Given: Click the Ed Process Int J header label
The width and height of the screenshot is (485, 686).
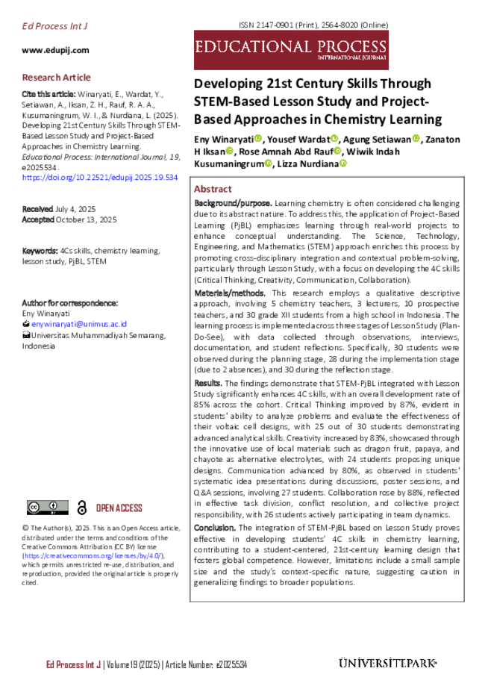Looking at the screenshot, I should pyautogui.click(x=55, y=27).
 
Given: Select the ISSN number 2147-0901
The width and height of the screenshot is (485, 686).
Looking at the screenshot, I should pyautogui.click(x=275, y=25).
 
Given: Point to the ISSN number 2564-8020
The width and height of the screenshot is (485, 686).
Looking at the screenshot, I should pyautogui.click(x=339, y=25).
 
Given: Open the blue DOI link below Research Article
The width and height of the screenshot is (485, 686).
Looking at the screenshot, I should pyautogui.click(x=101, y=178).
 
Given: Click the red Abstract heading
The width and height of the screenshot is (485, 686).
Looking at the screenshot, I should pyautogui.click(x=213, y=190).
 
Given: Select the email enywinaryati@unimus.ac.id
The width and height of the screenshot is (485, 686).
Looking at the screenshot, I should pyautogui.click(x=79, y=324).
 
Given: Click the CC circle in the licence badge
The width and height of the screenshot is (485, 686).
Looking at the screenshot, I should pyautogui.click(x=34, y=507).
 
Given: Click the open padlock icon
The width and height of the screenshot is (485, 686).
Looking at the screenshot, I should pyautogui.click(x=82, y=508).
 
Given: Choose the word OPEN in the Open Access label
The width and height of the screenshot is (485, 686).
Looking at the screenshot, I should pyautogui.click(x=106, y=508).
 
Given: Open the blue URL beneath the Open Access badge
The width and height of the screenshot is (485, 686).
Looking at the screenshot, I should pyautogui.click(x=93, y=555).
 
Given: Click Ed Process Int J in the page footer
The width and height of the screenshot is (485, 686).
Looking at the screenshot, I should pyautogui.click(x=73, y=664).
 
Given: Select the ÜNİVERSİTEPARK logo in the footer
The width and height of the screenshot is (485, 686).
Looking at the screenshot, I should pyautogui.click(x=387, y=663).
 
